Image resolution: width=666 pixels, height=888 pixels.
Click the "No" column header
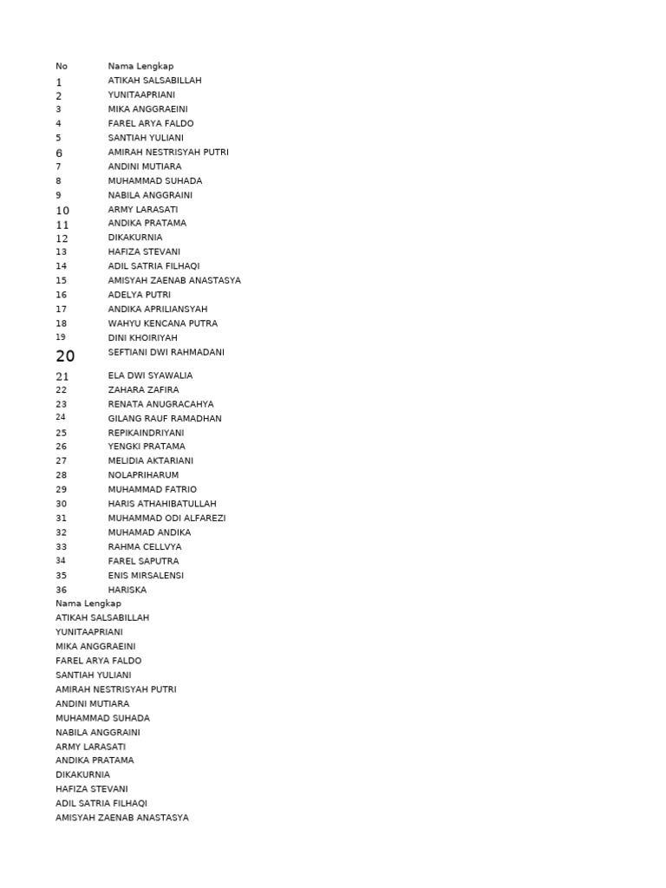pos(62,66)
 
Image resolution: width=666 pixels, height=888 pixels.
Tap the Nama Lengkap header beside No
pos(140,66)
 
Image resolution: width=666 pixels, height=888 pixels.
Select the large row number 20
pos(65,356)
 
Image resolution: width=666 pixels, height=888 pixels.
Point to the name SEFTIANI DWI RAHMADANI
pos(166,352)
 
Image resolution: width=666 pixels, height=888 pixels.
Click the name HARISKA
pos(127,590)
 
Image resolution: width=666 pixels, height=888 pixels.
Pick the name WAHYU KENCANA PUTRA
pos(163,323)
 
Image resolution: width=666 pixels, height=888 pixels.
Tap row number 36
pos(62,590)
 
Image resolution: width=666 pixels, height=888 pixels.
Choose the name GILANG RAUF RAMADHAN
pos(165,418)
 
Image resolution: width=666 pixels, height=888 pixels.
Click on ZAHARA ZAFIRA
pos(143,390)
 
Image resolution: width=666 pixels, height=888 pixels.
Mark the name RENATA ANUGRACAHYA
pos(160,404)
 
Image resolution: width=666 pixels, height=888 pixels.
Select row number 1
pos(59,82)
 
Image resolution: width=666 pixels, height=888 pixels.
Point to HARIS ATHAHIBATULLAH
pos(162,504)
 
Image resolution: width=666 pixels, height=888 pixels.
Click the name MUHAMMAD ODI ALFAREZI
pos(166,518)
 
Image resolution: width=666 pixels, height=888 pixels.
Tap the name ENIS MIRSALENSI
pos(146,575)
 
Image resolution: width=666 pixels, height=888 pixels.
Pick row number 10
pos(62,211)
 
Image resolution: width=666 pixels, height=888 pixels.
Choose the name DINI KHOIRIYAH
pos(142,337)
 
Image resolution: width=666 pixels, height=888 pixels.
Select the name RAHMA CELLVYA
pos(145,547)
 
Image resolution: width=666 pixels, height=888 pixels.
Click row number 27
pos(62,460)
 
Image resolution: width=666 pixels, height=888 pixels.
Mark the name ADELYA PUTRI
pos(140,295)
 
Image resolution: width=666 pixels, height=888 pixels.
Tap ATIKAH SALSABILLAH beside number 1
pos(154,81)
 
